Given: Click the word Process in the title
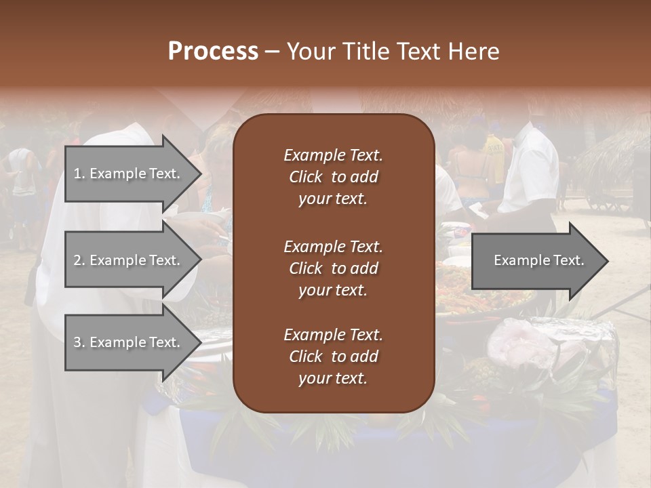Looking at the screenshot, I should (x=213, y=52).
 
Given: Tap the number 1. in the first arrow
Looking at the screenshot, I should (x=79, y=174).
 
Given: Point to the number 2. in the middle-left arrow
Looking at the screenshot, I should (x=79, y=260).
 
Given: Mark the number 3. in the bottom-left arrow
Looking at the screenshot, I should (x=79, y=342).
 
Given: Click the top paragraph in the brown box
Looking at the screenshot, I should (x=333, y=177).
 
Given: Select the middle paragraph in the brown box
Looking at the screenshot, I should (x=333, y=268).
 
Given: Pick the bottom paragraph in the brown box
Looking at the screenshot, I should (x=333, y=357).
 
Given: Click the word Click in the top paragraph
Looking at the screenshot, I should (x=306, y=177).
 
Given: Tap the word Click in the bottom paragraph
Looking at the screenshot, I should (x=306, y=357).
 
